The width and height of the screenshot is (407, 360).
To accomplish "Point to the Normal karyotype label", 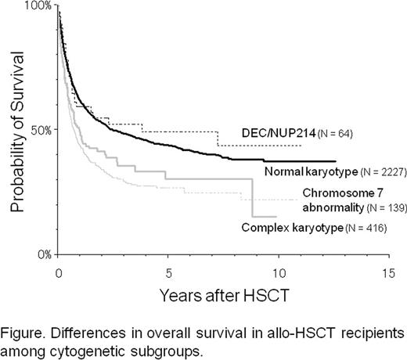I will (301, 171).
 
